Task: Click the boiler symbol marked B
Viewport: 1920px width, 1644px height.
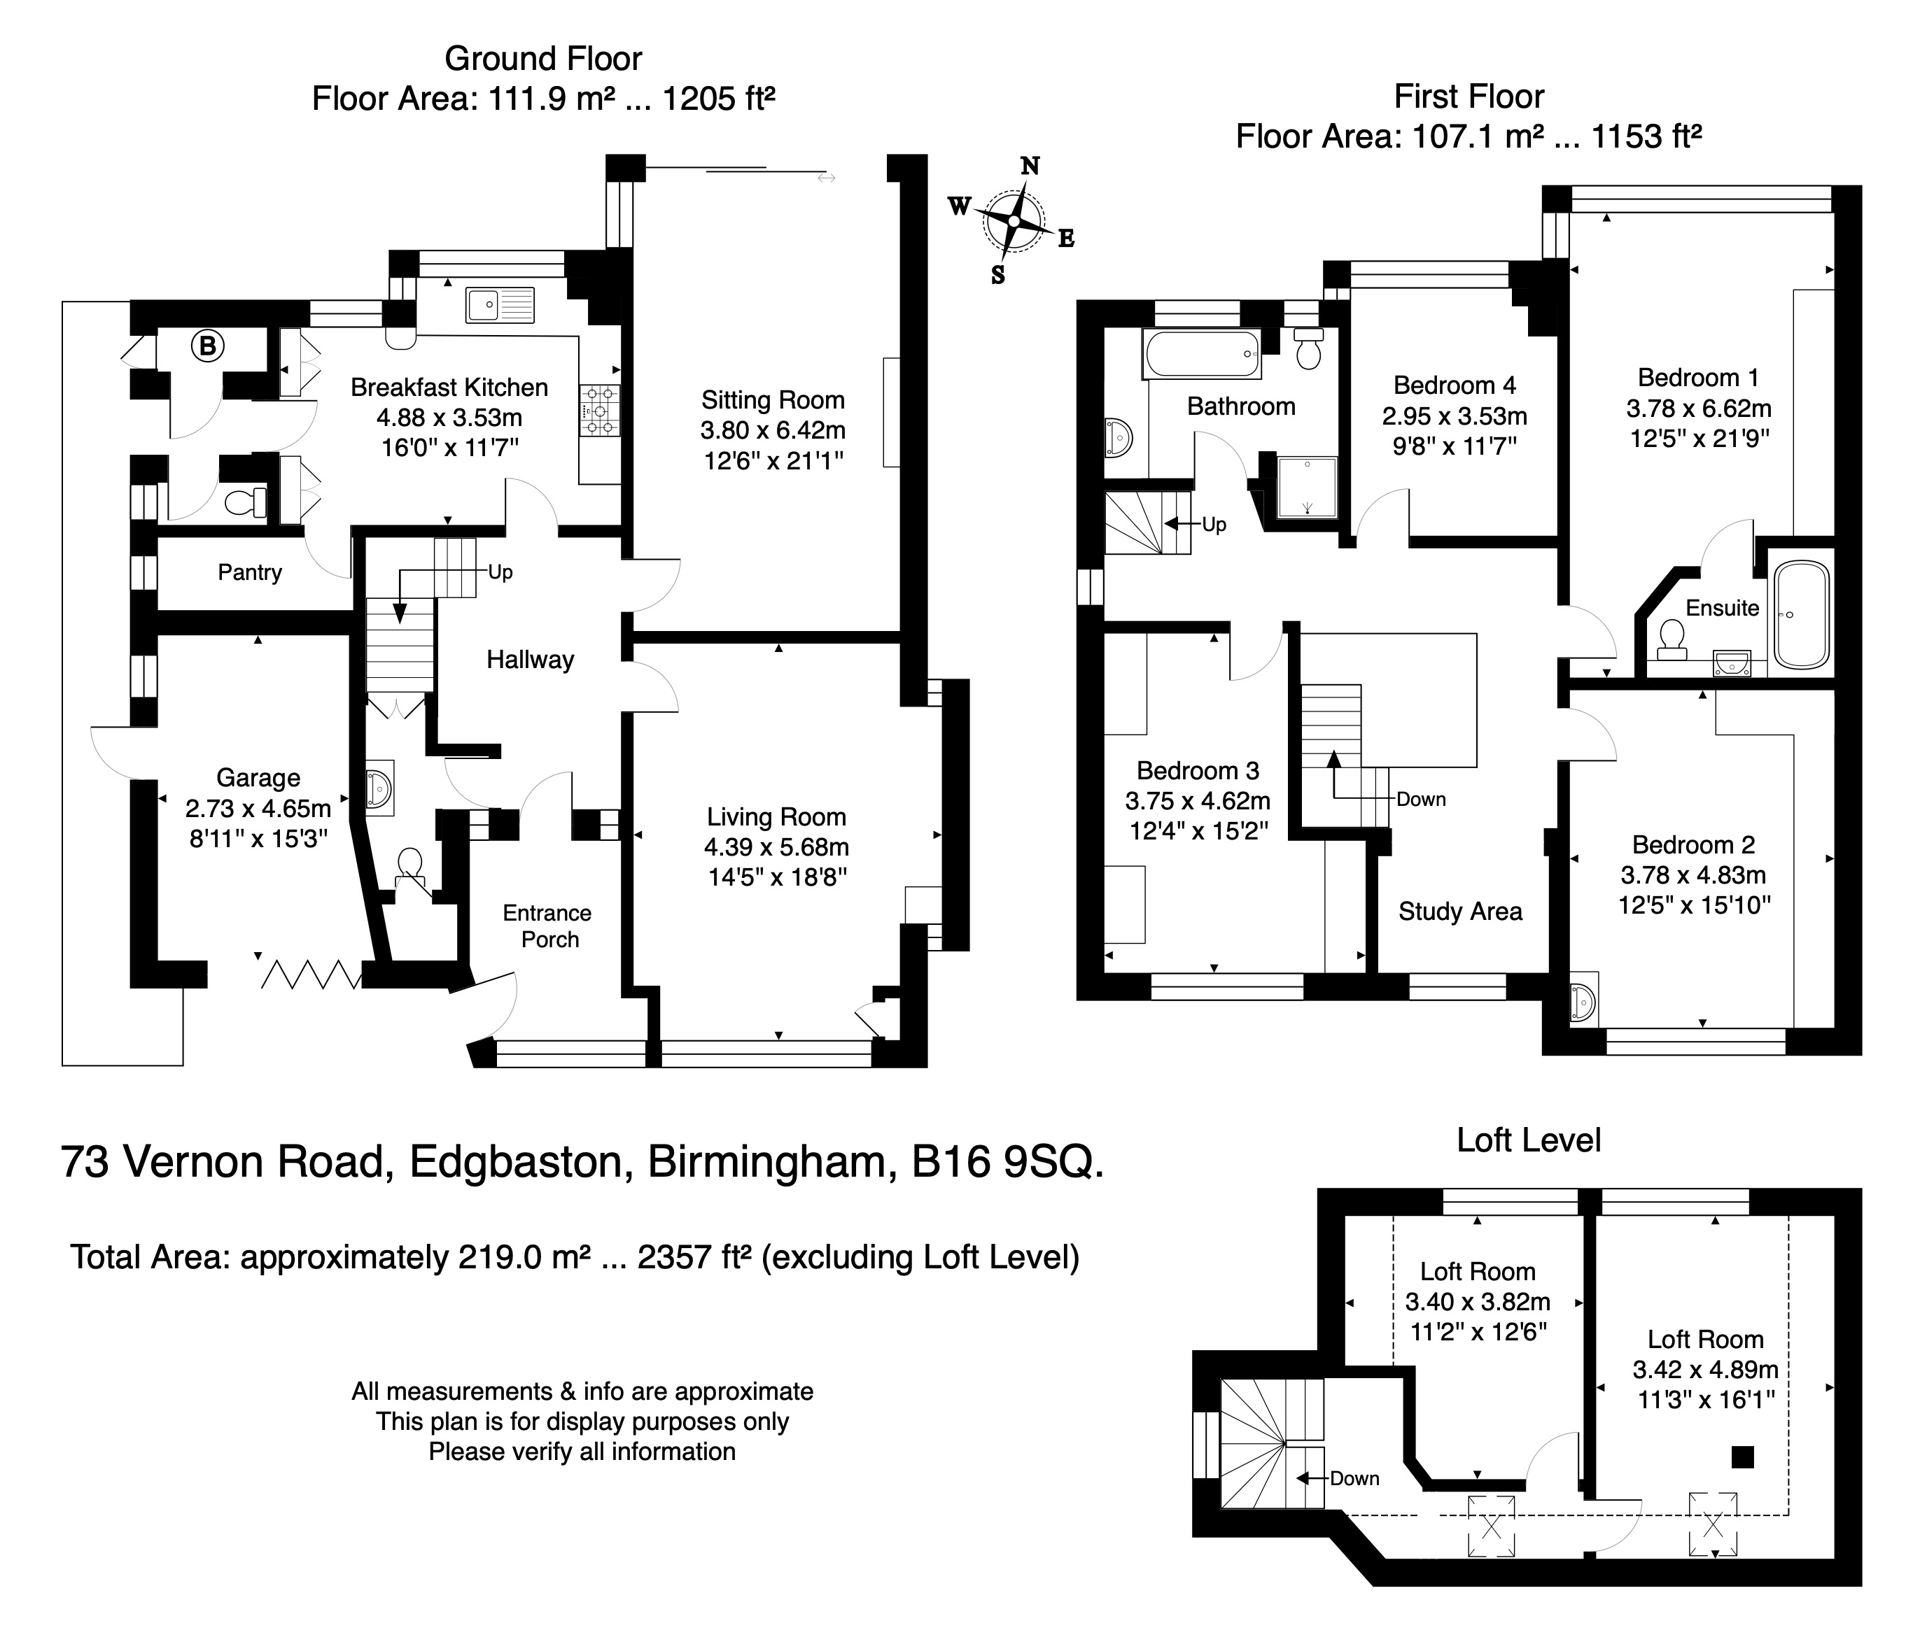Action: (x=209, y=346)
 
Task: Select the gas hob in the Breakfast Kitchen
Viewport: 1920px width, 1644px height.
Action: (x=600, y=411)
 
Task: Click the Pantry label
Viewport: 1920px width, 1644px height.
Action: (x=249, y=572)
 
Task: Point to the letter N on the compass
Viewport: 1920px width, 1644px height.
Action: (x=1030, y=166)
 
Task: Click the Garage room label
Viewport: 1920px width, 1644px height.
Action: (x=258, y=778)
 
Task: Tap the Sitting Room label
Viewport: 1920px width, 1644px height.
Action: (x=773, y=400)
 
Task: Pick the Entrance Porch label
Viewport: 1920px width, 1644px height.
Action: (x=547, y=926)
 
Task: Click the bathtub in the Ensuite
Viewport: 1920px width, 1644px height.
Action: (x=1800, y=615)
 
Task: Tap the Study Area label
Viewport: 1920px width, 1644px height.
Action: (x=1460, y=912)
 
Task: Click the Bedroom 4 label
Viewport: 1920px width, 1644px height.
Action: (x=1455, y=385)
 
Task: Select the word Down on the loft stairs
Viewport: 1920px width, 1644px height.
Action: (x=1354, y=1479)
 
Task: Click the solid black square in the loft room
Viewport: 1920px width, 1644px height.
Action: (x=1743, y=1457)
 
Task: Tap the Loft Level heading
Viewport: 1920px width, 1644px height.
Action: (x=1529, y=1140)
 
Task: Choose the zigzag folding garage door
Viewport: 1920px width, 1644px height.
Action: (x=312, y=975)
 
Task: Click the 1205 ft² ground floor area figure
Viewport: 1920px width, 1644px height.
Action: (x=718, y=98)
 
